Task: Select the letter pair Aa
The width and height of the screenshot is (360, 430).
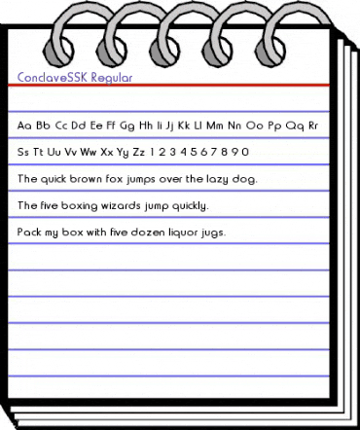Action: [24, 125]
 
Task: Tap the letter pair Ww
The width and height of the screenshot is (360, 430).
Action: [86, 152]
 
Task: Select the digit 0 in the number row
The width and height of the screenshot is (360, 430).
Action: [246, 152]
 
